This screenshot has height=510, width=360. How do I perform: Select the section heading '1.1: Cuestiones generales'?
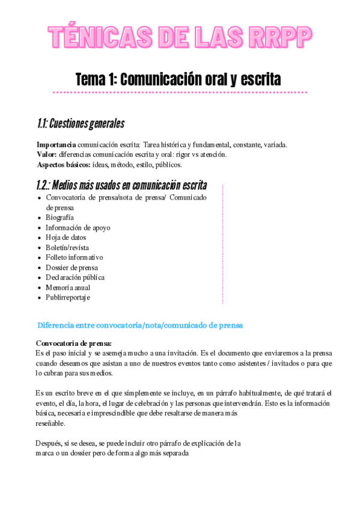click(x=81, y=124)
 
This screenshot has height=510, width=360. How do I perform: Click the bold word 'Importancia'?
click(x=56, y=144)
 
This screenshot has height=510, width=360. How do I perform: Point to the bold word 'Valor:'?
click(x=47, y=155)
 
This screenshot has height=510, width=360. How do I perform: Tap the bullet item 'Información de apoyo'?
click(x=78, y=228)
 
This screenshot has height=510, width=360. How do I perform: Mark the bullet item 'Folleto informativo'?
click(x=74, y=257)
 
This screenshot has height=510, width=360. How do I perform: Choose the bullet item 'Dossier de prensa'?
click(x=72, y=268)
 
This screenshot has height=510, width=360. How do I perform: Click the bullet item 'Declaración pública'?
click(x=75, y=277)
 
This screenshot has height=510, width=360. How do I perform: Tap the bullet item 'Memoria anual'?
click(x=68, y=287)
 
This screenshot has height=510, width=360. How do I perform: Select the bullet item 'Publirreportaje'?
click(x=68, y=297)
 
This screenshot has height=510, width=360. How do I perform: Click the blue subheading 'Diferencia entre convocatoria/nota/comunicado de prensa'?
click(x=140, y=325)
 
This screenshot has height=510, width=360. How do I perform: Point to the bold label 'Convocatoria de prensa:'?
click(x=74, y=343)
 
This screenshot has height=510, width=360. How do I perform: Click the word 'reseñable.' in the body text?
click(x=51, y=423)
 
